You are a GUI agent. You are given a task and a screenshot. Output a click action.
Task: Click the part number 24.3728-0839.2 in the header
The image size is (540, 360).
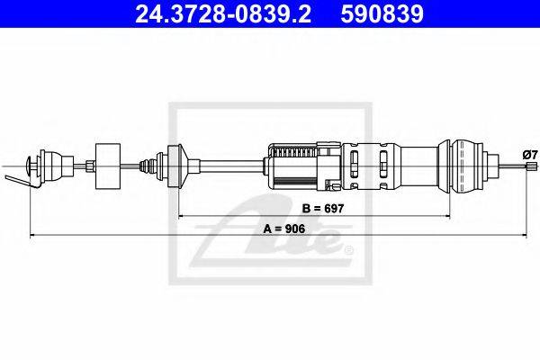223,13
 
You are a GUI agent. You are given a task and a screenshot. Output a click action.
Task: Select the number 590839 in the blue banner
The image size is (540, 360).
382,13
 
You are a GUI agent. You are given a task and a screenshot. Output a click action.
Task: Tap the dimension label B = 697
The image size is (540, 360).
323,209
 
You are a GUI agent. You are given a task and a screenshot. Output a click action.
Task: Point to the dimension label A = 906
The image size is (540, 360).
284,229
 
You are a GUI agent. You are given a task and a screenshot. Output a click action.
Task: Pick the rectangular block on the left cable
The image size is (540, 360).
108,166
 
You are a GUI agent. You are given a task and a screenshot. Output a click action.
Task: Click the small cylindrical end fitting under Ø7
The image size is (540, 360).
531,166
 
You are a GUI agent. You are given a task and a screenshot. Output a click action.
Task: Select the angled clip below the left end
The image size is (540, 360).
22,182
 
